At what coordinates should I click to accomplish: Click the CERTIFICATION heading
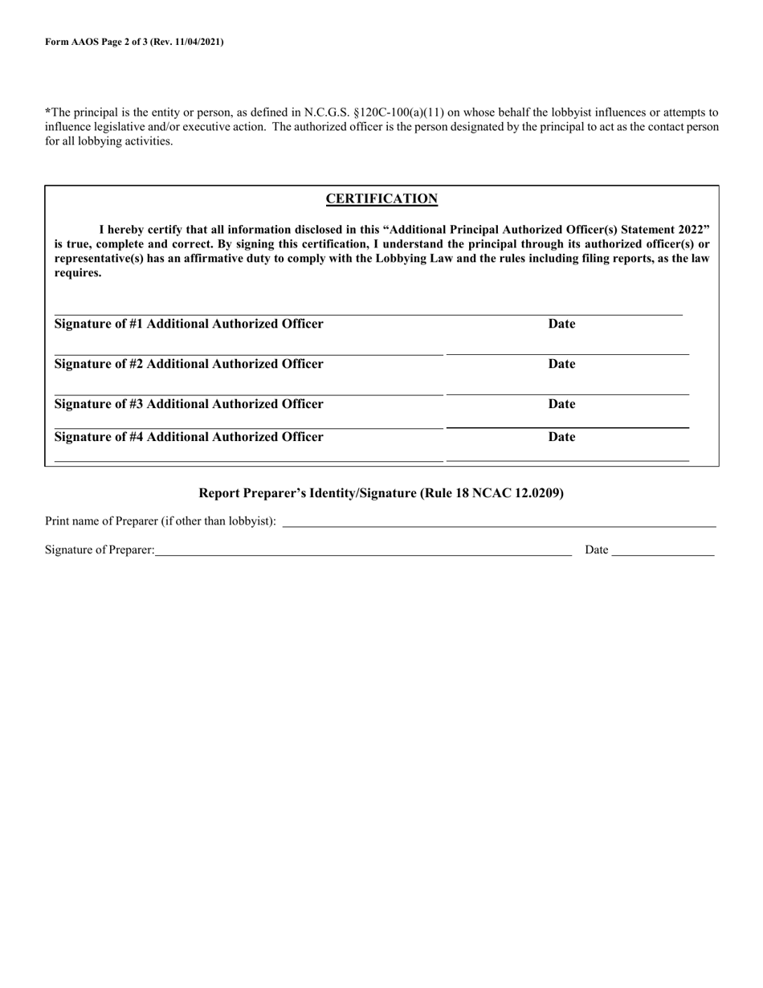[381, 199]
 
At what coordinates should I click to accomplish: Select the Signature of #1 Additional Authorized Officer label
[189, 324]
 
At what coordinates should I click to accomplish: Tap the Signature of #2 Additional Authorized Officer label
[189, 364]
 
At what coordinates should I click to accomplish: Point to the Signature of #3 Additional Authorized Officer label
[189, 404]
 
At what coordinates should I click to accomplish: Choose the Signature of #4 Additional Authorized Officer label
[189, 437]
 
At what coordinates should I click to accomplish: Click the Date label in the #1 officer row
[561, 324]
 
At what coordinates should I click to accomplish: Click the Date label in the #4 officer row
[561, 437]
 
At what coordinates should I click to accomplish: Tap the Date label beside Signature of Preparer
[596, 550]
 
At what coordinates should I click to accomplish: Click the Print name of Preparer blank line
[498, 525]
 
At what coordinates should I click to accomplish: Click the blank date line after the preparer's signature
[663, 553]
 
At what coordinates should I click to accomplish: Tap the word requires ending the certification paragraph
[78, 273]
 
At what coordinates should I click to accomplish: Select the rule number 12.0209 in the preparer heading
[541, 493]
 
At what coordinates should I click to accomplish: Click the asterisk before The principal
[47, 112]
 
